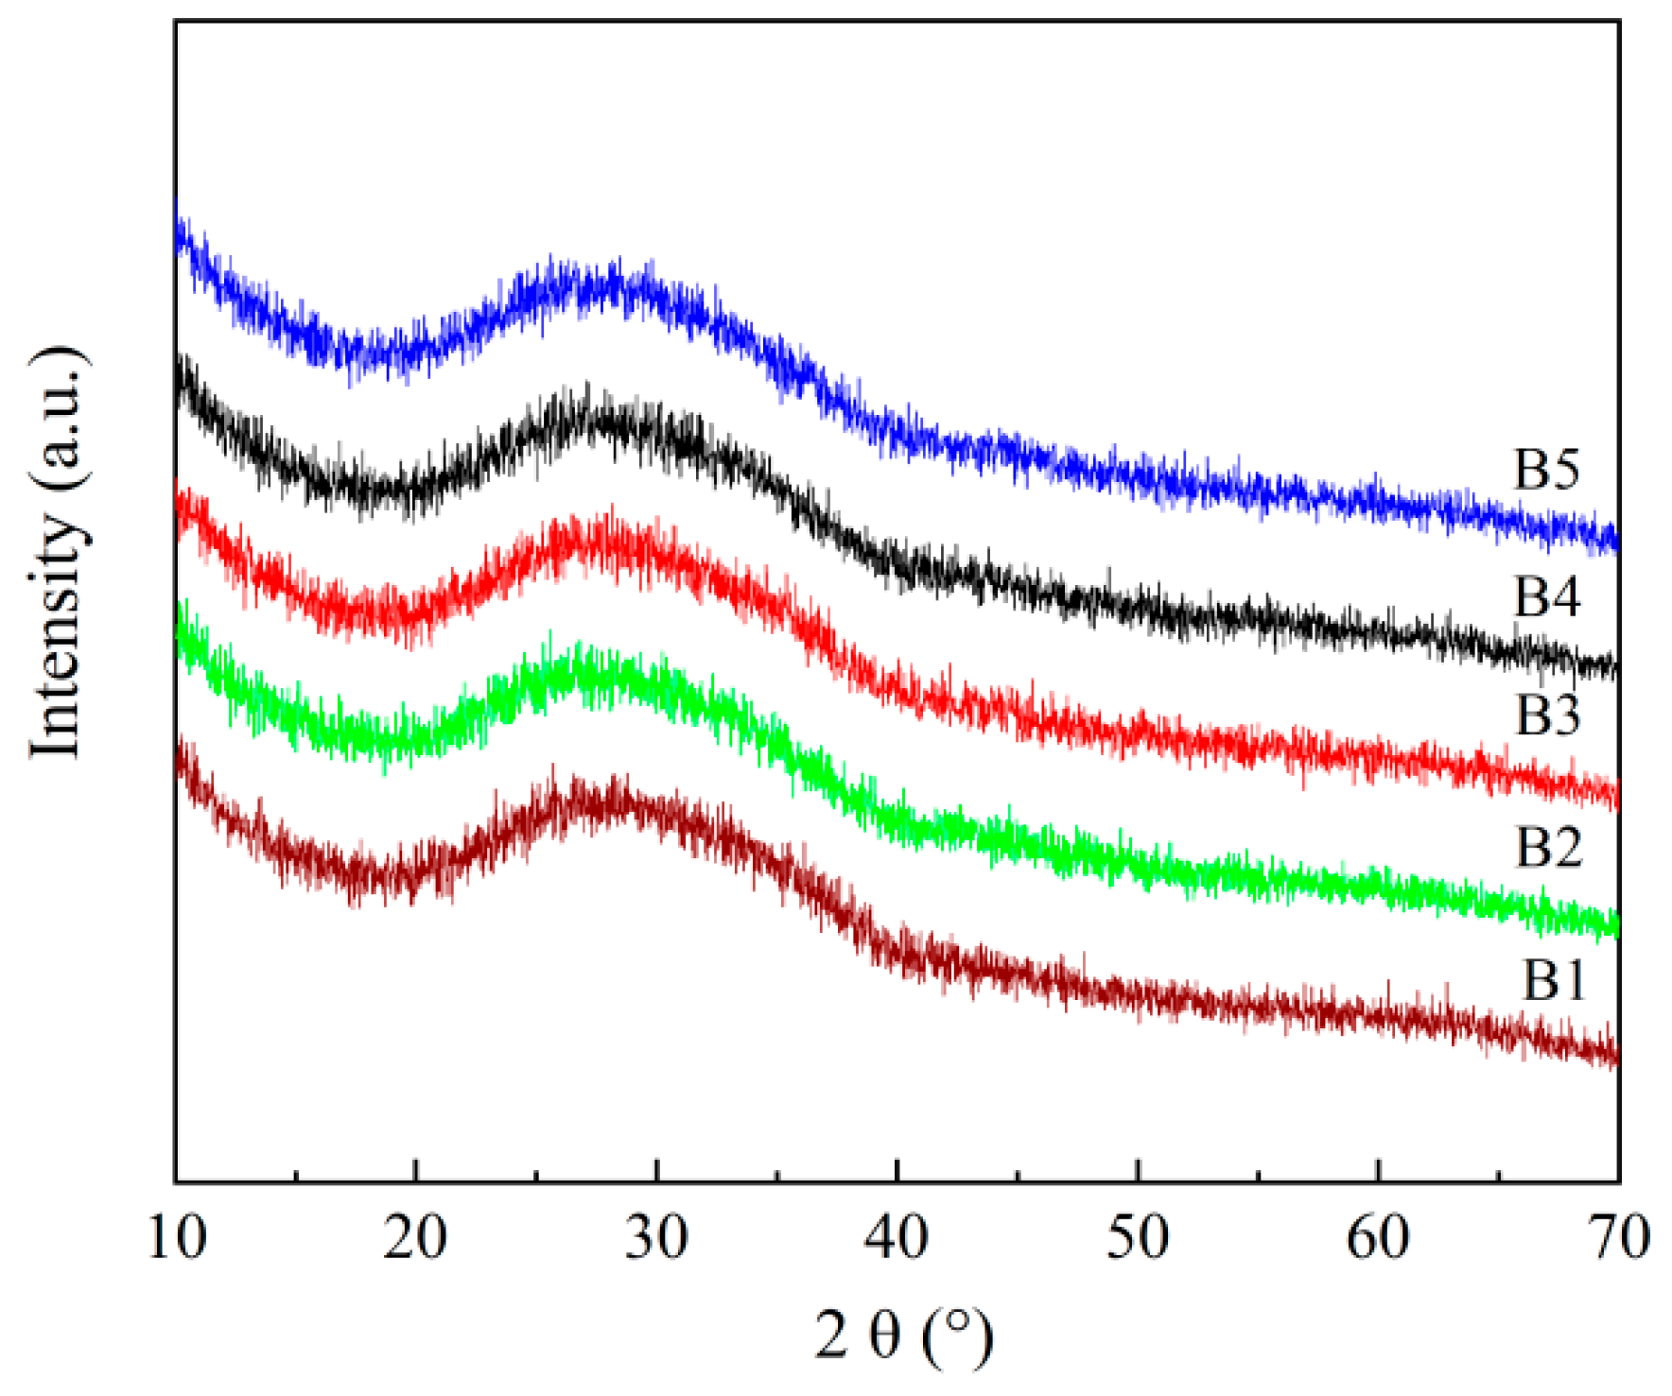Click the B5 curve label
point(1547,470)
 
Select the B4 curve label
point(1547,597)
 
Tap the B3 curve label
point(1548,715)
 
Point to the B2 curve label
point(1549,848)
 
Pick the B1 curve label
point(1553,980)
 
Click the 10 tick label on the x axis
point(177,1236)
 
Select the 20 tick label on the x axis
point(415,1236)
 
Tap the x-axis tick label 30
point(656,1236)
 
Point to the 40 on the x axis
point(897,1236)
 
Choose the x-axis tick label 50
point(1138,1236)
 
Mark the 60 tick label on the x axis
point(1378,1236)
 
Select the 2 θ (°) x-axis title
point(903,1336)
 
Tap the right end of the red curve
point(1616,794)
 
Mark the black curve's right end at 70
point(1616,667)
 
